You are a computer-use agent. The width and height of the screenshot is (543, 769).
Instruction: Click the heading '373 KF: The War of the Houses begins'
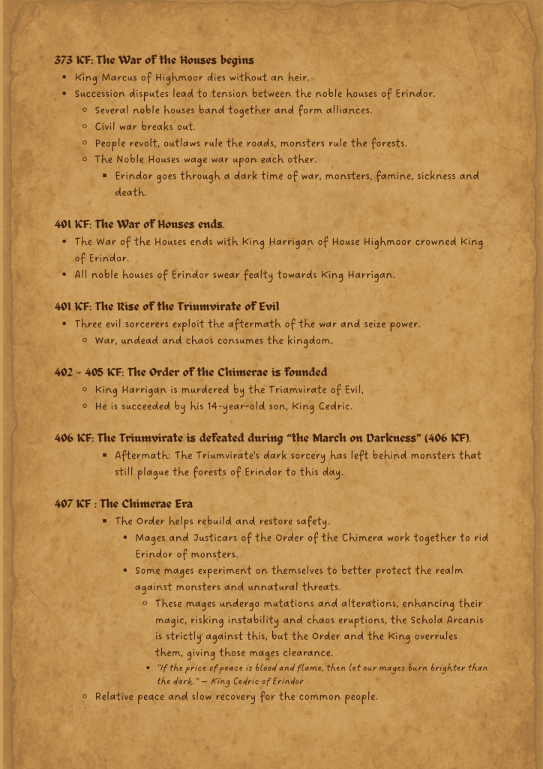point(154,60)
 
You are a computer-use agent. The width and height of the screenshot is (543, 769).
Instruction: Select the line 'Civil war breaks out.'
point(145,127)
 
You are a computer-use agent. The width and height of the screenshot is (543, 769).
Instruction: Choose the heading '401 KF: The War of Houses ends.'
point(139,225)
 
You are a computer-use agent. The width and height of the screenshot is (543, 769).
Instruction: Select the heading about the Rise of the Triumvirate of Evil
point(166,306)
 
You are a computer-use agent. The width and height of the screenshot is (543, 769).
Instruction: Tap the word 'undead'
point(141,341)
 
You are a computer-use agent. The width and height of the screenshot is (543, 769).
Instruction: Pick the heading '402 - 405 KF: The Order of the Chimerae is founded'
point(190,372)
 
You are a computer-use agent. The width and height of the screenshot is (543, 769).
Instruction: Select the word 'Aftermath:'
point(142,456)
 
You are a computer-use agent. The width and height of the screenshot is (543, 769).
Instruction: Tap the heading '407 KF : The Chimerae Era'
point(123,504)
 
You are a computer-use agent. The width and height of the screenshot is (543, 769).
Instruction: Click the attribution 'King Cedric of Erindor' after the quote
point(256,681)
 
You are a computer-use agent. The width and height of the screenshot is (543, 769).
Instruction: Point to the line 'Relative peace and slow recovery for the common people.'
point(235,697)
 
